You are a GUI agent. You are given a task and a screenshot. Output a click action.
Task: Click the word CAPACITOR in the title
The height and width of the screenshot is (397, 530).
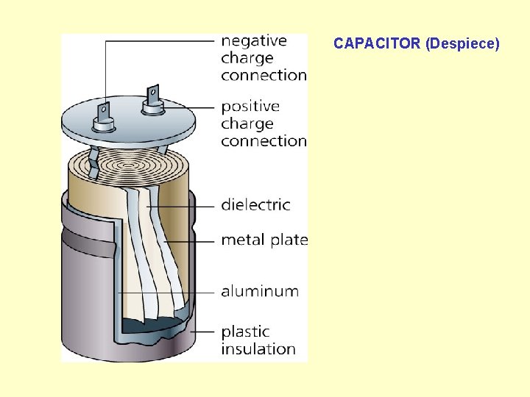tap(377, 44)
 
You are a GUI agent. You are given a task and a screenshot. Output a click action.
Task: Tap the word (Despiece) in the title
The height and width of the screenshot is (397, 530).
tap(463, 44)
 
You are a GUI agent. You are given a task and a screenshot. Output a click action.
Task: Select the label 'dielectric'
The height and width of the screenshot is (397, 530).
tap(255, 204)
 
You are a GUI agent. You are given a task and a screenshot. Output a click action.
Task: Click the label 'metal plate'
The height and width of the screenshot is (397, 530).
tap(264, 240)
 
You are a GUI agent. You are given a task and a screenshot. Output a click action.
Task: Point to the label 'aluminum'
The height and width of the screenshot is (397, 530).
tap(260, 291)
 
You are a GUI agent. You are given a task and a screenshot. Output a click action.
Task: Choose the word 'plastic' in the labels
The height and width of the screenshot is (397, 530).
tap(245, 332)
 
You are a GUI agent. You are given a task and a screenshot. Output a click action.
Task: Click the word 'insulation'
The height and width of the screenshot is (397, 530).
tap(258, 349)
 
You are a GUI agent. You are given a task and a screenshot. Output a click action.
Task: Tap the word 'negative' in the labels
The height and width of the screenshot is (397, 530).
tap(254, 41)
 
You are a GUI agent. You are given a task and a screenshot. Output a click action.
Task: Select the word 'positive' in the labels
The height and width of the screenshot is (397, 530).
tap(250, 107)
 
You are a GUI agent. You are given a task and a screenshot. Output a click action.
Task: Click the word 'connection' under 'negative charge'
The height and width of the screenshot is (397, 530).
tap(264, 75)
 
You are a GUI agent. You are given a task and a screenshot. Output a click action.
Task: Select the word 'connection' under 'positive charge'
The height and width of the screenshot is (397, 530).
tap(264, 140)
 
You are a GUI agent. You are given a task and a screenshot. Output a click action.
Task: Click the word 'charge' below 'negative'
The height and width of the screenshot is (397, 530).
tap(247, 58)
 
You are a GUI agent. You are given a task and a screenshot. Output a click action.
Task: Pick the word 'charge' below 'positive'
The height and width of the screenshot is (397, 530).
tap(247, 124)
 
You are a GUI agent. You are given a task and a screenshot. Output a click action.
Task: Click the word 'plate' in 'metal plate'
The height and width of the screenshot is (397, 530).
tap(289, 240)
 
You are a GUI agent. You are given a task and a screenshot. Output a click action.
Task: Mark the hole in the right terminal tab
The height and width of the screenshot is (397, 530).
tap(153, 93)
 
